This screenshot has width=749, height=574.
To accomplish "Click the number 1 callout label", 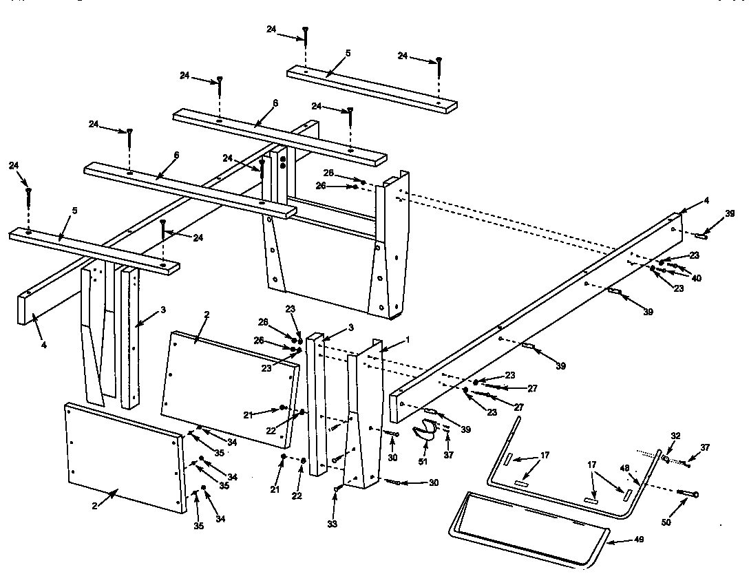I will coord(407,340).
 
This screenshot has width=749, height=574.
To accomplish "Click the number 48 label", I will coord(625,468).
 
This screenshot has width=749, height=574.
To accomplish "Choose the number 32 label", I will coord(675,436).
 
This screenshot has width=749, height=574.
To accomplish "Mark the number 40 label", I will coord(696,278).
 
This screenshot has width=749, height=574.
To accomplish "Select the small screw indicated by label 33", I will coord(337,489).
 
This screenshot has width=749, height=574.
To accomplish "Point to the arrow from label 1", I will coord(391,345).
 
